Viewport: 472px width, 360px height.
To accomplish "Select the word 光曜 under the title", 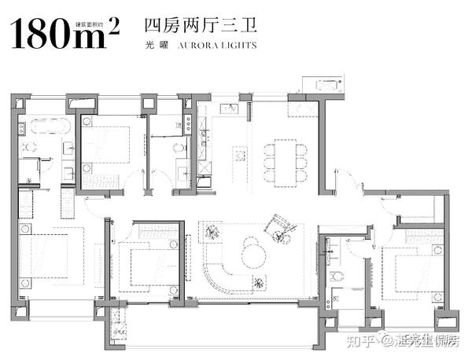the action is point(154,46).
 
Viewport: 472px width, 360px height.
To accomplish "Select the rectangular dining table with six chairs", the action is point(280,157).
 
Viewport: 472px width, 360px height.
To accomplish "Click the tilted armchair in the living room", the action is point(278,226).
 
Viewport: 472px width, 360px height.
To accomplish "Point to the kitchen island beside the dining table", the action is point(242,155).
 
